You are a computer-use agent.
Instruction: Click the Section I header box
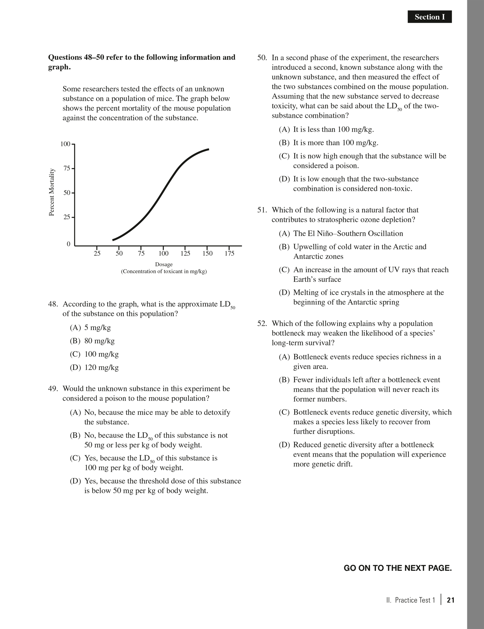tap(429, 17)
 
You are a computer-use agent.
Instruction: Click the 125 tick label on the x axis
tap(185, 253)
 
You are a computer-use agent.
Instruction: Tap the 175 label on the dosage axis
tap(229, 253)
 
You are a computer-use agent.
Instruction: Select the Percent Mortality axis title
tap(52, 192)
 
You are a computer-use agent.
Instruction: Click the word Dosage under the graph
tap(164, 264)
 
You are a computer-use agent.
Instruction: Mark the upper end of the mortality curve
tap(208, 149)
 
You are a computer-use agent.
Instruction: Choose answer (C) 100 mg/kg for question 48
tap(94, 354)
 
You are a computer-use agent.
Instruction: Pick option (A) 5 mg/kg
tap(90, 328)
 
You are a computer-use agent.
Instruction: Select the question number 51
tap(262, 210)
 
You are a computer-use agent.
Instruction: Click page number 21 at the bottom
tap(451, 600)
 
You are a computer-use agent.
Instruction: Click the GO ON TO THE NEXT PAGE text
tap(398, 568)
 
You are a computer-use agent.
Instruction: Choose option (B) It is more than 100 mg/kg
tap(328, 143)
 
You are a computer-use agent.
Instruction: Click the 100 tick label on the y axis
tap(65, 144)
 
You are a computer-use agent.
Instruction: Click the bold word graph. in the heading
tap(60, 67)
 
